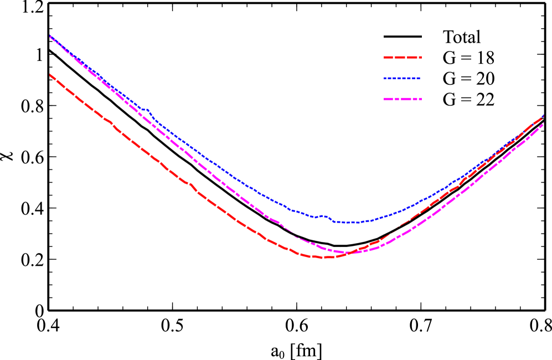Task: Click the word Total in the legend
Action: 462,37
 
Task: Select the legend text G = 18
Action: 468,58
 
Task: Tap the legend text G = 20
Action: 468,79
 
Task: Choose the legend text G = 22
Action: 468,100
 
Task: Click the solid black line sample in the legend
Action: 403,37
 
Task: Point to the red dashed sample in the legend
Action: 403,58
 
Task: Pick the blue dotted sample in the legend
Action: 403,79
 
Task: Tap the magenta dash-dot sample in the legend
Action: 403,100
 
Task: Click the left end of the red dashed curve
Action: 50,74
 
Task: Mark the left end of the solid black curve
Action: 50,50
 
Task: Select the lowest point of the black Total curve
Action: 341,245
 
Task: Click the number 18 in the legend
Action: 484,58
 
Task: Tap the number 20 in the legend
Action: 484,79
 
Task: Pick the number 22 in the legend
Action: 484,100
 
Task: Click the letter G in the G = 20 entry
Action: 448,79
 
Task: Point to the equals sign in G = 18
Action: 464,59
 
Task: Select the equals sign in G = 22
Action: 464,100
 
